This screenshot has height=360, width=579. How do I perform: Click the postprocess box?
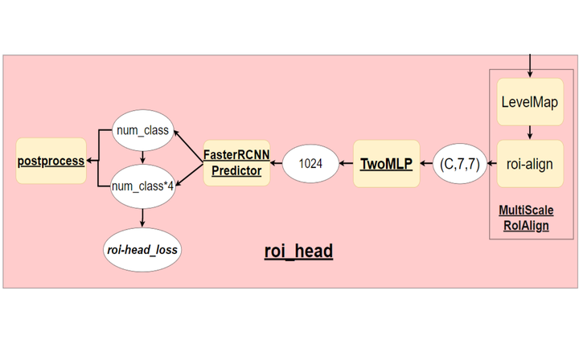(51, 161)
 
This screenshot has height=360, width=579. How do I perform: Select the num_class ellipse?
(142, 130)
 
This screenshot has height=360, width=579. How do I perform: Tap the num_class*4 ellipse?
(142, 186)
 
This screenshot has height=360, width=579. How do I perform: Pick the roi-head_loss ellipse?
(142, 250)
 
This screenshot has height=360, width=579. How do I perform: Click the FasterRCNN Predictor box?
(236, 163)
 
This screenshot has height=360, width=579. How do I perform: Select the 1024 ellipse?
(310, 163)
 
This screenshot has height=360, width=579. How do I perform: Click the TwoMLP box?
(386, 163)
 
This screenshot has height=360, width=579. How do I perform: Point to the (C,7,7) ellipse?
(459, 163)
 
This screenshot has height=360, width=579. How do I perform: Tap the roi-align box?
(529, 163)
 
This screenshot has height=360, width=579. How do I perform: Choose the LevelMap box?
(529, 102)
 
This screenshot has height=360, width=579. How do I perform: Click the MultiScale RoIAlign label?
(526, 218)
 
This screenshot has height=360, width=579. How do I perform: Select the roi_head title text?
(298, 252)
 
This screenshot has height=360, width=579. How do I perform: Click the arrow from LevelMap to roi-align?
(529, 133)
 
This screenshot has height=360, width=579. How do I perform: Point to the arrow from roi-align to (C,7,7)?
(491, 163)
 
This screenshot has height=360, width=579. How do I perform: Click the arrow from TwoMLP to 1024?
(346, 163)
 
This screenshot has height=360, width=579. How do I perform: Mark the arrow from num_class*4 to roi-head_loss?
(142, 217)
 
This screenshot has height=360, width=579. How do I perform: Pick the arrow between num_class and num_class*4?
(142, 157)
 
